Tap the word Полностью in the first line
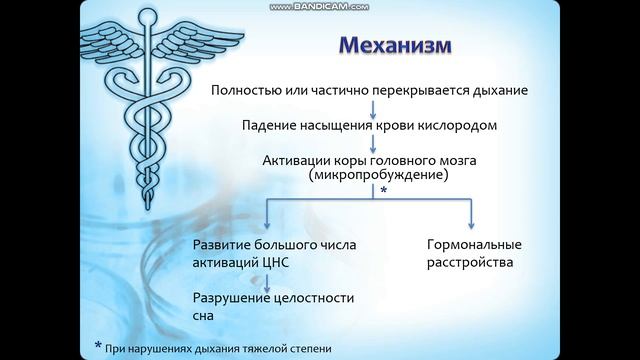click(x=243, y=90)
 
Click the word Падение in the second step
click(x=269, y=126)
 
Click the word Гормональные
click(x=470, y=246)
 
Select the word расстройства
click(x=470, y=263)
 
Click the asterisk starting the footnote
click(x=98, y=346)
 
